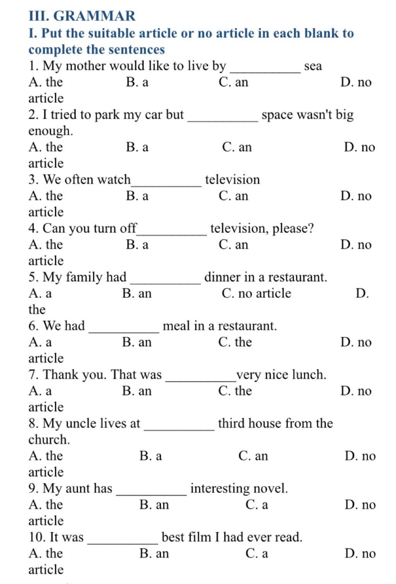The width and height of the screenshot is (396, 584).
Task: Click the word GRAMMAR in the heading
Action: coord(94,16)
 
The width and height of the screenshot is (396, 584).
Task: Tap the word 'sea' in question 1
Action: coord(313,66)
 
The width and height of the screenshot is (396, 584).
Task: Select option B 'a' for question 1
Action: coord(137,82)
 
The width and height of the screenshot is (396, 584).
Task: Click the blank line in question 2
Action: coord(223,121)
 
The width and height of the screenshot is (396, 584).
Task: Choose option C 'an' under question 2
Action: coord(237,147)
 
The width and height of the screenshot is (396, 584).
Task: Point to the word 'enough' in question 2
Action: coord(50,131)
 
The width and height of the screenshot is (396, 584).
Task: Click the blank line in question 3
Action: coord(166,186)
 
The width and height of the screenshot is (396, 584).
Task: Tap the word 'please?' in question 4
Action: coord(293,228)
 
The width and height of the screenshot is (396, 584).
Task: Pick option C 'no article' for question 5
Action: coord(256,293)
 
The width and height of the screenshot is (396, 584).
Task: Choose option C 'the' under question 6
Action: coord(235,342)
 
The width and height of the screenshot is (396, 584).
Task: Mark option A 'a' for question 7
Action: coord(40,391)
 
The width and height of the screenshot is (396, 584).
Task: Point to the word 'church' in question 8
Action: coord(48,439)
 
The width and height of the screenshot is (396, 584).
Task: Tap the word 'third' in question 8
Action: coord(231,423)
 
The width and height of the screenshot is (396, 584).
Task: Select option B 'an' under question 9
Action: coord(154,504)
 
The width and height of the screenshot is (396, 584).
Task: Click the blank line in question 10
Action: coord(123,543)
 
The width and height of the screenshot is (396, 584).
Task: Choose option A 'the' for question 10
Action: coord(46,553)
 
